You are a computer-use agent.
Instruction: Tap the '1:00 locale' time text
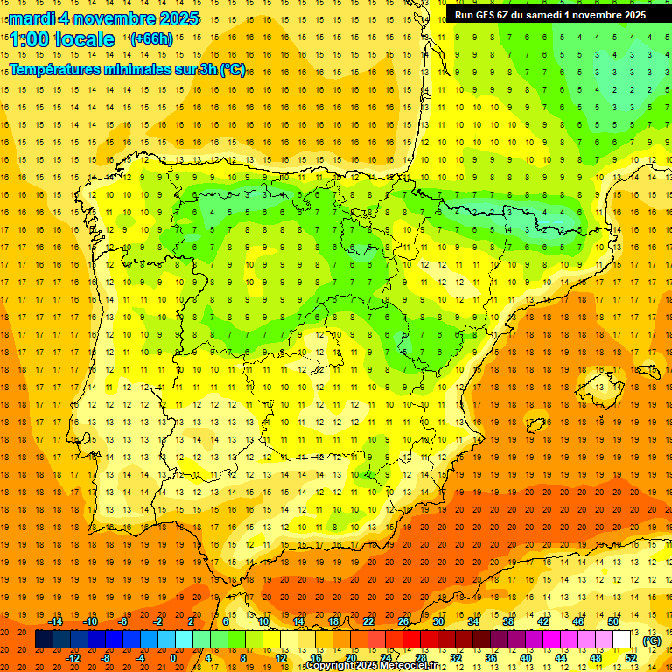click(x=62, y=39)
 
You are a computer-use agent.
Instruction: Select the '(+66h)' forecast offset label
click(x=150, y=39)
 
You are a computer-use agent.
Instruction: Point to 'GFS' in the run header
click(x=495, y=15)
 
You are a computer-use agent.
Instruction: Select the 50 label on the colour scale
click(x=612, y=621)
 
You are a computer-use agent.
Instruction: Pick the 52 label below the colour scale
click(x=630, y=658)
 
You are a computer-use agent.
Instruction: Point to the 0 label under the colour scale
click(x=173, y=658)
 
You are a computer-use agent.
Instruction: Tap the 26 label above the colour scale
click(x=402, y=621)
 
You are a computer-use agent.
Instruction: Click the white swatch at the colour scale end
click(x=621, y=640)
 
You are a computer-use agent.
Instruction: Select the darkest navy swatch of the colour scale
click(x=44, y=640)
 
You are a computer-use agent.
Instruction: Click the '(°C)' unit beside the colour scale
click(x=652, y=640)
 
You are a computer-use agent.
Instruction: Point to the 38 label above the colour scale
click(x=507, y=621)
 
